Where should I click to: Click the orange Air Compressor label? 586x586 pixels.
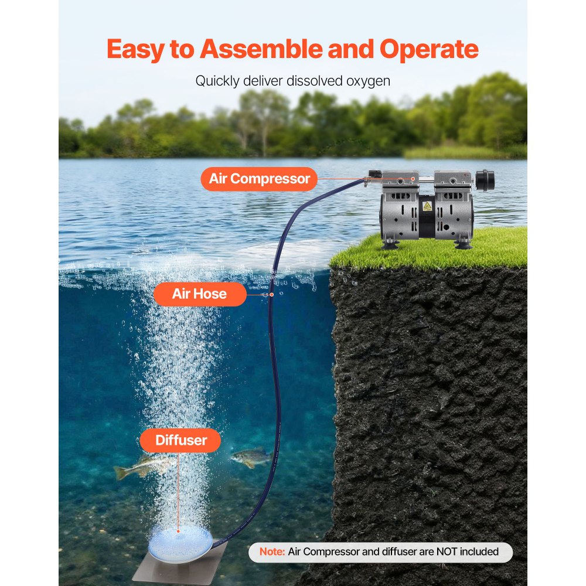point(259,179)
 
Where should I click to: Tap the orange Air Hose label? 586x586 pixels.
point(199,294)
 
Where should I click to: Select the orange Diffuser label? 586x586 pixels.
point(181,440)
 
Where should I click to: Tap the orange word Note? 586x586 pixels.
point(272,551)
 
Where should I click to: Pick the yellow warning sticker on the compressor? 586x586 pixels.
point(427,206)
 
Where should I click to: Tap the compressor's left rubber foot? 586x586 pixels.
point(390,242)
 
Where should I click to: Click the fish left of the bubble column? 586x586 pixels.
point(136,467)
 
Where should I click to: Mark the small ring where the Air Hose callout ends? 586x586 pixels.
point(265,294)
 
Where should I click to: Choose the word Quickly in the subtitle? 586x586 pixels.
point(217,81)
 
